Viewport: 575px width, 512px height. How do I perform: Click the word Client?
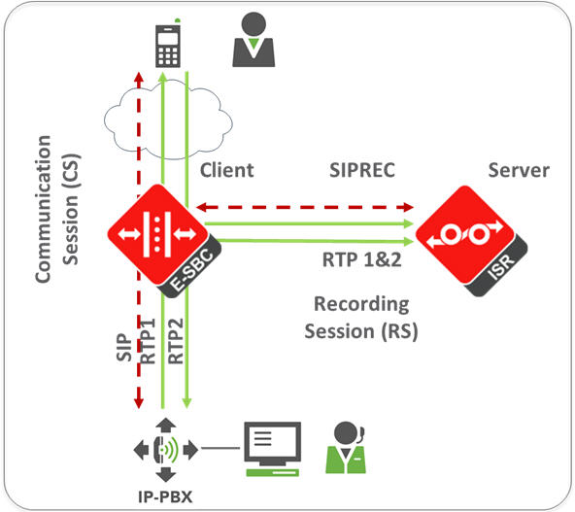point(226,170)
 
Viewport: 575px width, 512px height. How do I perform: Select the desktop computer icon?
point(272,448)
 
